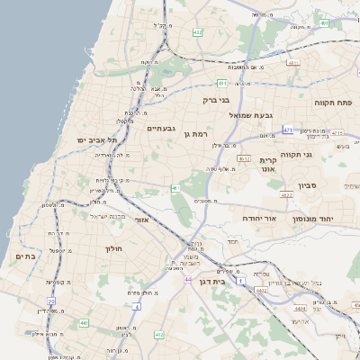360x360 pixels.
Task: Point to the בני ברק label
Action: pyautogui.click(x=217, y=101)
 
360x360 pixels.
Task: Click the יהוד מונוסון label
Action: pyautogui.click(x=312, y=219)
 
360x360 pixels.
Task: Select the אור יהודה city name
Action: pyautogui.click(x=261, y=219)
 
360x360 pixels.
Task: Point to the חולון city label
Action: pyautogui.click(x=112, y=247)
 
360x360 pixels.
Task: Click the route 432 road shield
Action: pyautogui.click(x=197, y=32)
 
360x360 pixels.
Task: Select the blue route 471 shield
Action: pyautogui.click(x=287, y=130)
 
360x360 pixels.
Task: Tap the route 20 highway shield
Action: pyautogui.click(x=51, y=301)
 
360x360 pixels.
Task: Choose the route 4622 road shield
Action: pyautogui.click(x=286, y=194)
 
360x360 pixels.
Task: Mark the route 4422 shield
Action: pyautogui.click(x=262, y=291)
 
